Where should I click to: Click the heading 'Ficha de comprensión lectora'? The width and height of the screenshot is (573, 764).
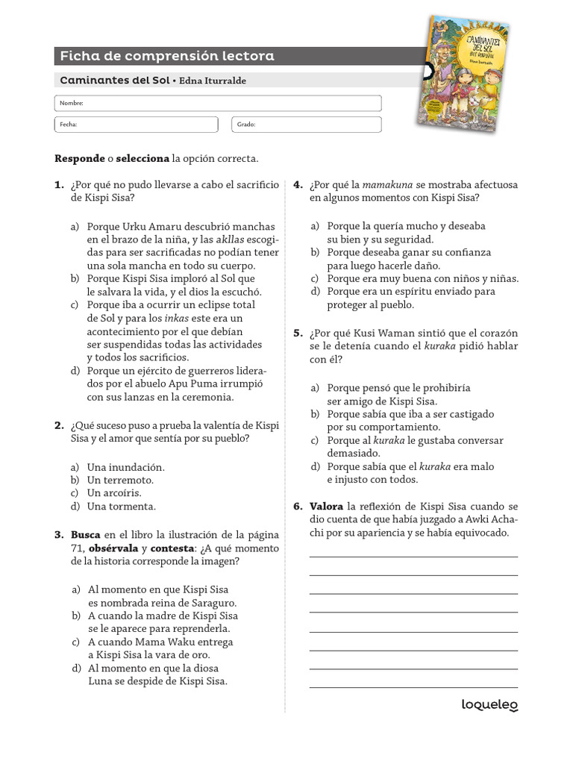166,56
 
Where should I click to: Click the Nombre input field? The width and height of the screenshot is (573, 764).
218,103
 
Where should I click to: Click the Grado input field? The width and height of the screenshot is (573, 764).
307,125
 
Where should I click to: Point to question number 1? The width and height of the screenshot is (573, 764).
59,185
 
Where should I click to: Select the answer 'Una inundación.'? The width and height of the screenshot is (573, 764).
125,467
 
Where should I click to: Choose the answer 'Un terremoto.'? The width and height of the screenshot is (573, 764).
120,480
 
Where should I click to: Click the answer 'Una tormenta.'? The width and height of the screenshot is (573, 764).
121,507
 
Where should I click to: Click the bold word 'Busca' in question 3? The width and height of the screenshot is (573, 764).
86,535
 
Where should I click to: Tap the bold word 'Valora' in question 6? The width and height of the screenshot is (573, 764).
326,507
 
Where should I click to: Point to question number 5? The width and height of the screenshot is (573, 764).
298,334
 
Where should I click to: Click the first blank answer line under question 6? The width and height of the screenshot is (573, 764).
413,556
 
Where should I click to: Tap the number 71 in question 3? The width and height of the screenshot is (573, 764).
61,548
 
